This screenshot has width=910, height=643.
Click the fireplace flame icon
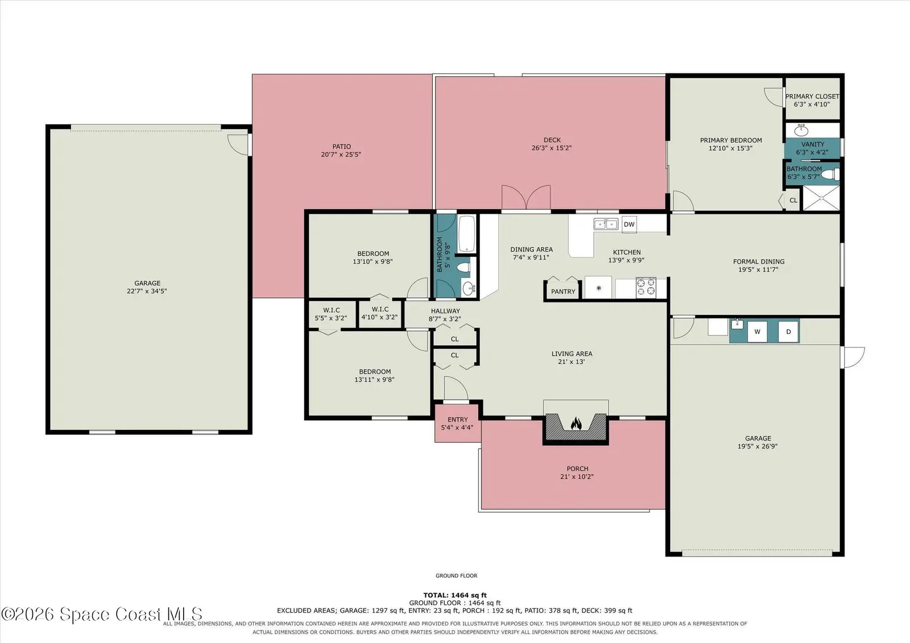(576, 424)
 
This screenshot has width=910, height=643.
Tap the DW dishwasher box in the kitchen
(629, 224)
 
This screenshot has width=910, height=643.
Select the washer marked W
(757, 331)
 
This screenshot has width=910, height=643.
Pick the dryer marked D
(788, 331)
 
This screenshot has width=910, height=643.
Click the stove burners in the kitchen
(646, 288)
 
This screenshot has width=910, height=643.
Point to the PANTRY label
(563, 292)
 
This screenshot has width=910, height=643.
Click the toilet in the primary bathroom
(830, 175)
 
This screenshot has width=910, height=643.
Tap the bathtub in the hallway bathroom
(467, 234)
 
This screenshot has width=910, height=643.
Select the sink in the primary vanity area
(801, 130)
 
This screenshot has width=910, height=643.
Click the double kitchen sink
(606, 224)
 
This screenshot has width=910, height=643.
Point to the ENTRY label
(457, 420)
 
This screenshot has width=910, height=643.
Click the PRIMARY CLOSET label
(812, 97)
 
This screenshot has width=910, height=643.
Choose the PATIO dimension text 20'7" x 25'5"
(341, 154)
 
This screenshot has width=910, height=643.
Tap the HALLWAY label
(445, 311)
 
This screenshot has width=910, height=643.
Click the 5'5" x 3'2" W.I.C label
(331, 318)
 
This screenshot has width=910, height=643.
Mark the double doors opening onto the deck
(526, 197)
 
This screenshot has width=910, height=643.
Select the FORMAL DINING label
(759, 262)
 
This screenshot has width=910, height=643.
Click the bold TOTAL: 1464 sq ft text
(455, 595)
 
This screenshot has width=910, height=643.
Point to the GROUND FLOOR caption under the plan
(456, 575)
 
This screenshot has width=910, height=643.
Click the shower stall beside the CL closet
(821, 198)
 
